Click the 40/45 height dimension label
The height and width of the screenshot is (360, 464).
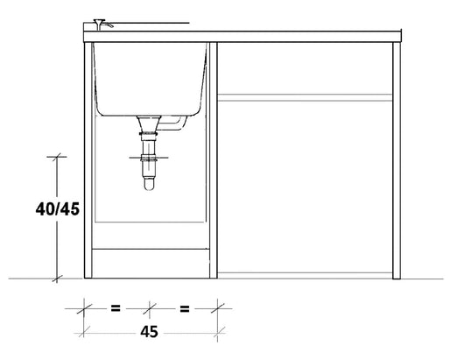[57, 209]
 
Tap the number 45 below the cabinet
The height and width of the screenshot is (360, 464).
[149, 333]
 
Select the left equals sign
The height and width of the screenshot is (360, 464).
[116, 308]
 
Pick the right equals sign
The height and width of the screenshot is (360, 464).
[184, 308]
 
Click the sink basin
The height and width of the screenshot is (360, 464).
[149, 79]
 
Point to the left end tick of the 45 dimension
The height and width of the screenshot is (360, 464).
[84, 308]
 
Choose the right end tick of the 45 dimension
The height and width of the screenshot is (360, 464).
[218, 308]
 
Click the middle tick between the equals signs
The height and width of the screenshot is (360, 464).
[151, 308]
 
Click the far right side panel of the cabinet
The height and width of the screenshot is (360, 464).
[397, 158]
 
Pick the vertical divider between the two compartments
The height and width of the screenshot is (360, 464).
[214, 158]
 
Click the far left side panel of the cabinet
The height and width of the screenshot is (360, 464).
[88, 158]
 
